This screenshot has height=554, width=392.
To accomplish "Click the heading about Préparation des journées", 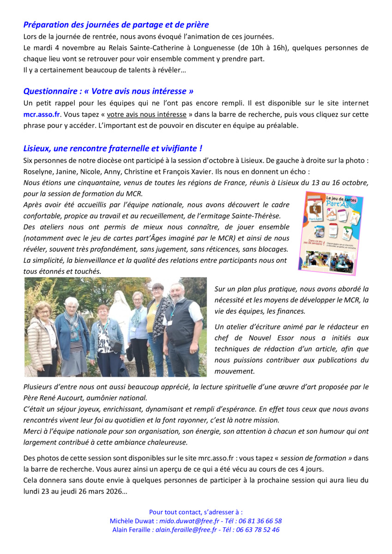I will click(x=116, y=25).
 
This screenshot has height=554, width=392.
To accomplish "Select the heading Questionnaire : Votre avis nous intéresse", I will click(x=108, y=91).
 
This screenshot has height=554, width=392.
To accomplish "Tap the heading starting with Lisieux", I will click(x=113, y=148).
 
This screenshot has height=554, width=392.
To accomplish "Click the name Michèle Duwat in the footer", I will click(x=131, y=521).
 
